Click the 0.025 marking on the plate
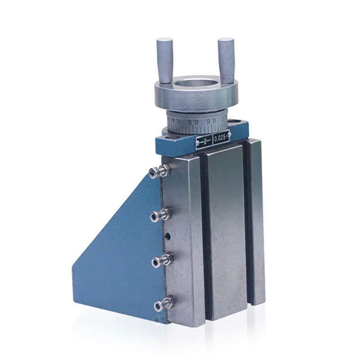[221, 138]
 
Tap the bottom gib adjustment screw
[158, 306]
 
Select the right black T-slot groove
[247, 225]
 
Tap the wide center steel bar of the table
[225, 229]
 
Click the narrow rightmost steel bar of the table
[256, 220]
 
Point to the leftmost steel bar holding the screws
[180, 238]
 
